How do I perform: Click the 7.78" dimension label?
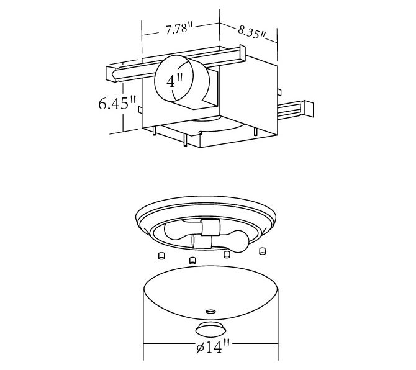pyautogui.click(x=179, y=28)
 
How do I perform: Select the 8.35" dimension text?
pyautogui.click(x=251, y=32)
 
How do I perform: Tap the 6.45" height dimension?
pyautogui.click(x=117, y=103)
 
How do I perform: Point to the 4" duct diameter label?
pyautogui.click(x=175, y=81)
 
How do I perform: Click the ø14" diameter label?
pyautogui.click(x=213, y=346)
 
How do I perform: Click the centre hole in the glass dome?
pyautogui.click(x=211, y=311)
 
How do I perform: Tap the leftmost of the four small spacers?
pyautogui.click(x=161, y=256)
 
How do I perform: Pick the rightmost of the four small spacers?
pyautogui.click(x=262, y=251)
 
